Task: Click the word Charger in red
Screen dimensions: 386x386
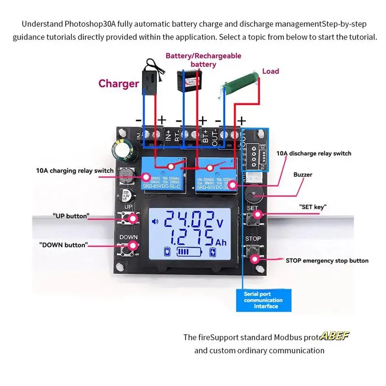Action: click(119, 83)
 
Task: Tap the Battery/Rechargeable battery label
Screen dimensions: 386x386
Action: click(203, 60)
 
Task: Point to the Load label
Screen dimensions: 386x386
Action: click(270, 71)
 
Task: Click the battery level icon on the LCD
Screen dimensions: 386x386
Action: click(189, 252)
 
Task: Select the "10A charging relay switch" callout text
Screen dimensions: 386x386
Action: click(75, 170)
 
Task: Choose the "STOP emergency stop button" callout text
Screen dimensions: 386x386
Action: click(327, 261)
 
